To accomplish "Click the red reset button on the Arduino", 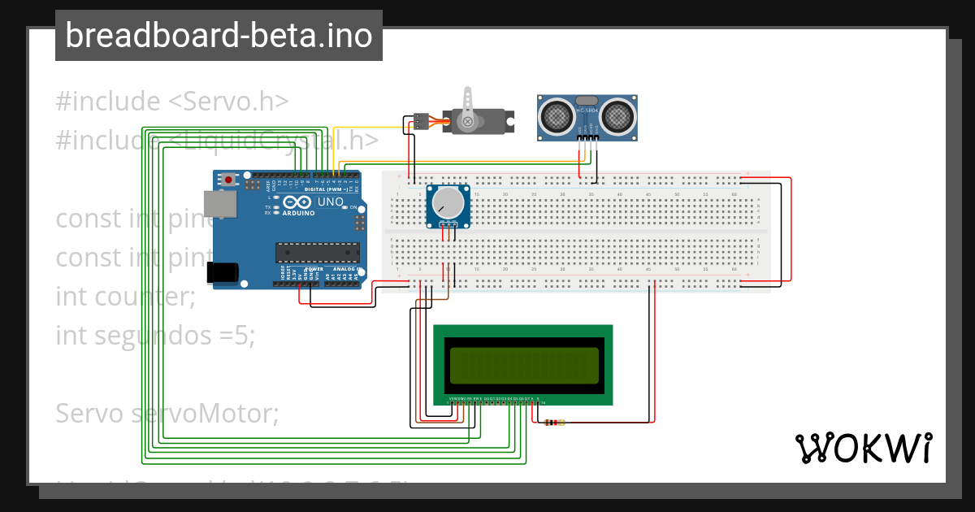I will click(x=230, y=179).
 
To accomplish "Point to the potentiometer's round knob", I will click(x=448, y=202).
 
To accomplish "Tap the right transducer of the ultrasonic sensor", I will click(x=617, y=115).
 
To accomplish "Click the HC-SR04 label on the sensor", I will click(x=587, y=110).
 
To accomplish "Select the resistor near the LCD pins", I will click(x=555, y=423).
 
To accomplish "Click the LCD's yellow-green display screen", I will click(x=524, y=365).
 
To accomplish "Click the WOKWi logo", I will click(x=863, y=448).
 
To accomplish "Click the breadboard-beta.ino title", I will click(x=219, y=36).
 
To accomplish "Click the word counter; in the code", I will click(x=145, y=296).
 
